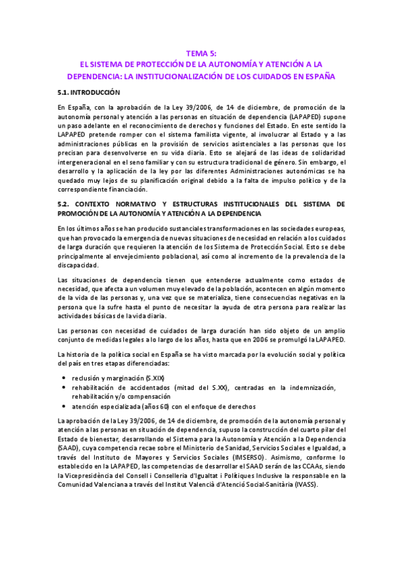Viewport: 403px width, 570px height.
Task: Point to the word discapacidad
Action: click(78, 265)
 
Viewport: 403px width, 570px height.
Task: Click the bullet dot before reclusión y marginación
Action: click(63, 380)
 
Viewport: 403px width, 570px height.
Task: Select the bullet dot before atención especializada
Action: click(63, 407)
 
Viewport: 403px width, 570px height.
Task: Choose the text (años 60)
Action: click(160, 407)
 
